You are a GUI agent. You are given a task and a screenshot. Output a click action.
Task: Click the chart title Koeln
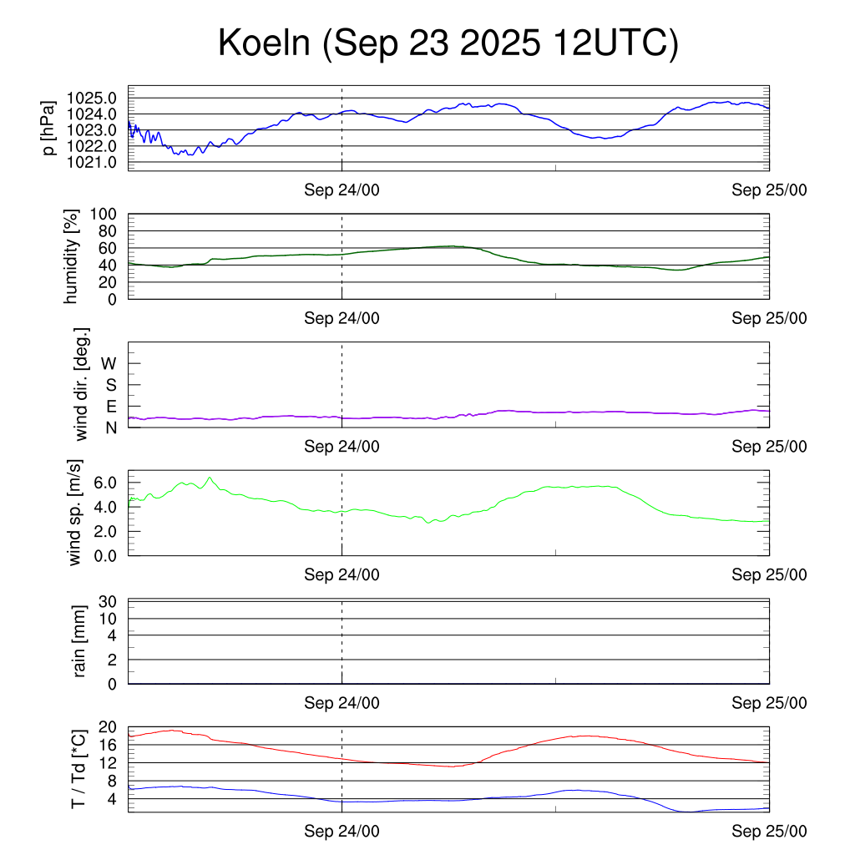coord(448,43)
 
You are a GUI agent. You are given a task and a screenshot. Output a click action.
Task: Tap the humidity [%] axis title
coord(73,256)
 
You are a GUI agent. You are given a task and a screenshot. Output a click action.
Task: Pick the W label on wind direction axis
coord(109,363)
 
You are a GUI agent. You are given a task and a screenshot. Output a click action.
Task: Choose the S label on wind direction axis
coord(110,385)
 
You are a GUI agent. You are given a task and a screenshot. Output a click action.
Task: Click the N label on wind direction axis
coord(110,427)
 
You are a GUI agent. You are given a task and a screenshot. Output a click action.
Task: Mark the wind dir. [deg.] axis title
coord(82,385)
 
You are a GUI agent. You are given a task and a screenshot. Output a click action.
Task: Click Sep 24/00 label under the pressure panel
coord(341,190)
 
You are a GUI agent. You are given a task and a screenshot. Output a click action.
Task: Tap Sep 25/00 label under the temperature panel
coord(769,831)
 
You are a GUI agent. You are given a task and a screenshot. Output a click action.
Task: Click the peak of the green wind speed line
coord(210,478)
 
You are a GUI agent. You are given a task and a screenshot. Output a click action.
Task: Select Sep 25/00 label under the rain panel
coord(769,703)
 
